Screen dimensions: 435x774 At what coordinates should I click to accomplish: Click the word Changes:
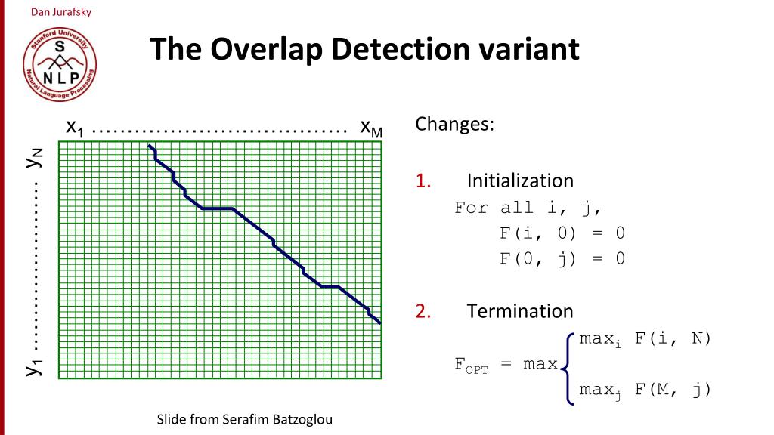[x=454, y=124]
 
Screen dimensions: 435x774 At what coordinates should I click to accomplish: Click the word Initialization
[x=520, y=181]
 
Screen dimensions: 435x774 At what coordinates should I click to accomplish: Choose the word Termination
[x=520, y=311]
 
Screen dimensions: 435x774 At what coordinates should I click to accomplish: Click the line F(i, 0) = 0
[x=562, y=233]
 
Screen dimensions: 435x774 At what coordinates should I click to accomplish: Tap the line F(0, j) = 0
[x=562, y=259]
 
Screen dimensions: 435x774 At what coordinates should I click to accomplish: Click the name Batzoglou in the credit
[x=298, y=419]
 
